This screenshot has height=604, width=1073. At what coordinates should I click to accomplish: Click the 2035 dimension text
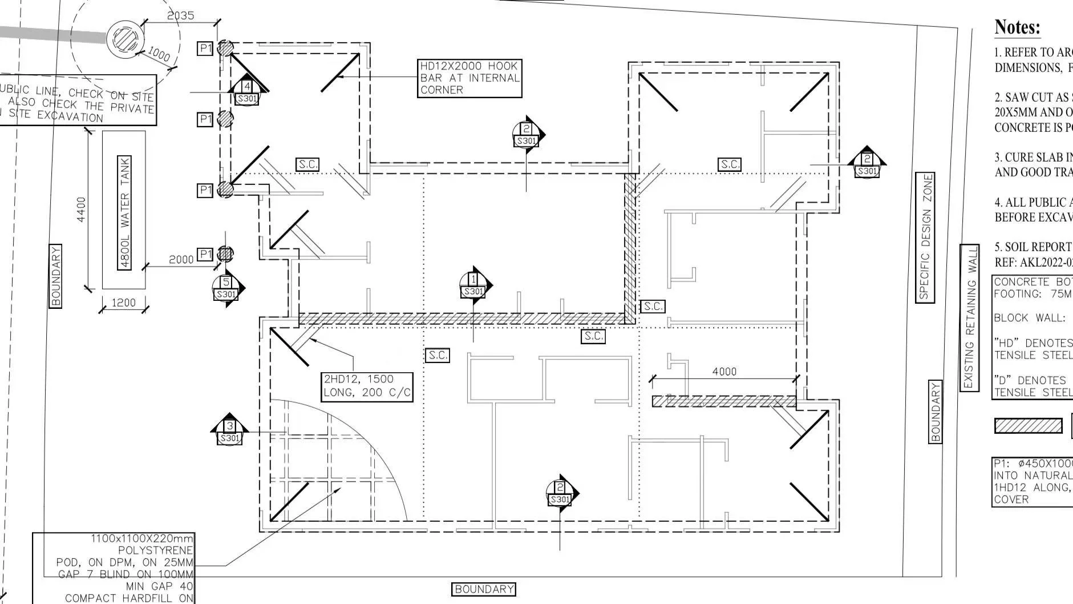tap(180, 15)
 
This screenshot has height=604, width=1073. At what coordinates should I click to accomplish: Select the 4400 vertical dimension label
tap(81, 210)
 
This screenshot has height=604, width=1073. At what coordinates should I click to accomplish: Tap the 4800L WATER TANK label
tap(124, 212)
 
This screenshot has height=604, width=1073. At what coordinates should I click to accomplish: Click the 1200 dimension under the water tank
tap(123, 303)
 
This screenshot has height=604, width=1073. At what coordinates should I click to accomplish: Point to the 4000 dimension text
tap(724, 372)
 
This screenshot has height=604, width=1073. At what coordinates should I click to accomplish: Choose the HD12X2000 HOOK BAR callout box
tap(469, 78)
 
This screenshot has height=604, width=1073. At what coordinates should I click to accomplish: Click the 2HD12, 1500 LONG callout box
tap(367, 386)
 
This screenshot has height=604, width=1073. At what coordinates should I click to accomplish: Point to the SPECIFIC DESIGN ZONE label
tap(925, 237)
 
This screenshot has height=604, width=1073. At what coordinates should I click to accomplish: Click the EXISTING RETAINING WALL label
tap(969, 317)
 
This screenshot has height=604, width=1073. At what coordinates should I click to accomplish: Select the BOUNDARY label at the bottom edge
tap(484, 589)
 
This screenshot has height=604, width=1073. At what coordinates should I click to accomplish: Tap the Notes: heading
tap(1017, 27)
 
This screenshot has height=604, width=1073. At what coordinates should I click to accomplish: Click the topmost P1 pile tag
tap(205, 49)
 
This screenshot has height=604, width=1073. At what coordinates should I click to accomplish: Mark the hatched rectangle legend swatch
tap(1028, 426)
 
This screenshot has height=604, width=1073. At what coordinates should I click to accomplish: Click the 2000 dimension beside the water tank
tap(181, 260)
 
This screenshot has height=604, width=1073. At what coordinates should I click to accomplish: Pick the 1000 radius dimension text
tap(159, 54)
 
